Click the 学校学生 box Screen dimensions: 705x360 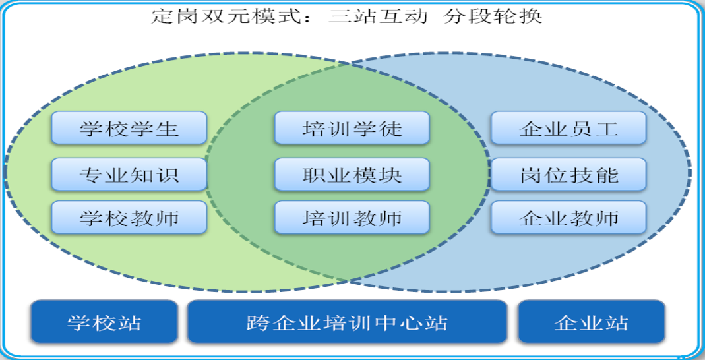(x=129, y=128)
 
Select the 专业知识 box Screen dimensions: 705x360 (x=129, y=174)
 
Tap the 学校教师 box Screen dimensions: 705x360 (x=129, y=218)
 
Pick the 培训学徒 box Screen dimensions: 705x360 (x=352, y=128)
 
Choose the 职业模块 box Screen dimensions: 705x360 (x=352, y=174)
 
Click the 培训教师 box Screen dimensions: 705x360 (x=352, y=218)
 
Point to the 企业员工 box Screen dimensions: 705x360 (x=568, y=128)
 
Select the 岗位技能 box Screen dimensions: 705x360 (x=568, y=174)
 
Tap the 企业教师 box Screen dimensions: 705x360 (x=568, y=218)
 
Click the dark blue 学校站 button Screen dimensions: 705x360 (x=104, y=322)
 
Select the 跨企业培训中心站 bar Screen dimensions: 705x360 (x=347, y=322)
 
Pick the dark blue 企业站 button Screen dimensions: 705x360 (x=592, y=322)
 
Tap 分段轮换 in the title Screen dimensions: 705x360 (x=493, y=16)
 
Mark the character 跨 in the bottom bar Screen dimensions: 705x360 (x=258, y=322)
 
